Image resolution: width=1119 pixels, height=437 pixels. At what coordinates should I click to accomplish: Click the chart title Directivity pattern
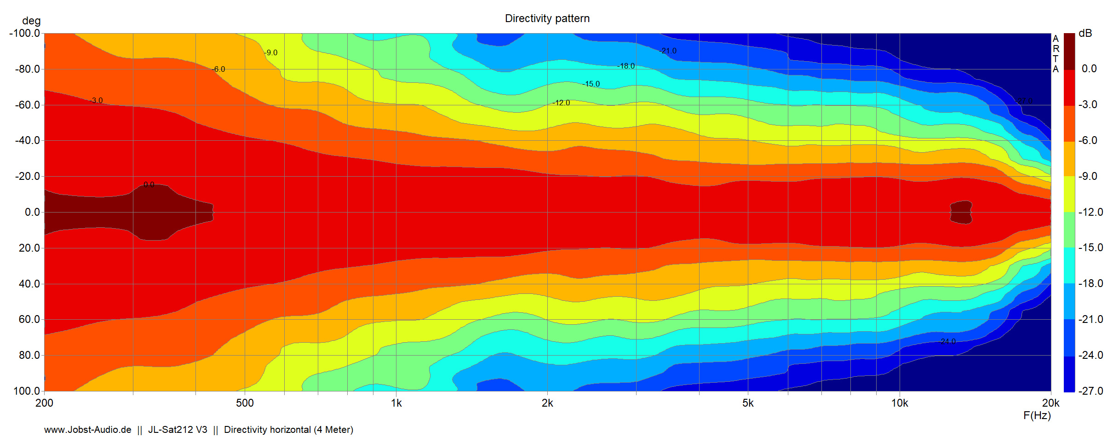point(547,18)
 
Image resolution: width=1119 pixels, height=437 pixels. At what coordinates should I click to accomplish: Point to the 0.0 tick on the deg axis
point(32,212)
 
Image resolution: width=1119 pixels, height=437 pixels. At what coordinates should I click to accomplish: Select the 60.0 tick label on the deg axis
point(29,319)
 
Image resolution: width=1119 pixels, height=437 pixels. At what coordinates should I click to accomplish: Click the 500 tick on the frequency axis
point(245,403)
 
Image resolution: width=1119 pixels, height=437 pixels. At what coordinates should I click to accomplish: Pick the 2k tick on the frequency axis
point(547,403)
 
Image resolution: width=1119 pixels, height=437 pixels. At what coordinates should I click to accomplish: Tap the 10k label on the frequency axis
point(900,403)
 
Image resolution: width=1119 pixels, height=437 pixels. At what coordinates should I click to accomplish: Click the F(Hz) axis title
point(1037,416)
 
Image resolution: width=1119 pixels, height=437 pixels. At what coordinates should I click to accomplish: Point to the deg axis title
point(31,21)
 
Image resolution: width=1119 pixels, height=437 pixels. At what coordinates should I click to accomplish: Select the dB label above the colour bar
point(1085,33)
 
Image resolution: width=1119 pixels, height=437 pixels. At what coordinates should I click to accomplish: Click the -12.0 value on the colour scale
point(1090,212)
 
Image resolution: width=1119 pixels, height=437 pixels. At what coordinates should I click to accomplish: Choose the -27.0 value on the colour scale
point(1090,391)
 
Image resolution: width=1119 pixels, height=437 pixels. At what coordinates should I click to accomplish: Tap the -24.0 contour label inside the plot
point(947,341)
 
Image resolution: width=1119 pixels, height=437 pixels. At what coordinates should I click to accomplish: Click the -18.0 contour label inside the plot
point(626,66)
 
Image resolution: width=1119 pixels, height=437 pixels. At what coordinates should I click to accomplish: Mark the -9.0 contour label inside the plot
point(271,53)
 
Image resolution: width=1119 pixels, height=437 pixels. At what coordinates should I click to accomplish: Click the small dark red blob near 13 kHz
point(961,212)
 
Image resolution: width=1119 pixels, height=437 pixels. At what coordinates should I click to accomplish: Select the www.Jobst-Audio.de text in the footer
point(87,430)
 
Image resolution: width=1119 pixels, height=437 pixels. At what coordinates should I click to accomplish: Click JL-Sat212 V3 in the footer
point(178,430)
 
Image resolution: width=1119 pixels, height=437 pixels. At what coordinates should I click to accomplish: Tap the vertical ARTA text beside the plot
point(1056,54)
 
